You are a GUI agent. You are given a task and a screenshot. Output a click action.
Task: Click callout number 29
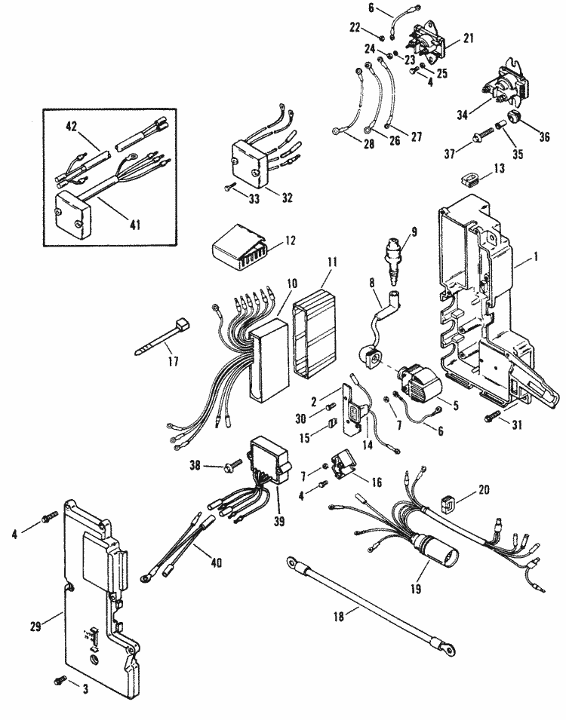coord(36,626)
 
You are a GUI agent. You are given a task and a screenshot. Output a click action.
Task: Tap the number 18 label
coord(338,616)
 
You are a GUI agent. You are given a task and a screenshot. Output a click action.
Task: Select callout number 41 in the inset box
coord(134,225)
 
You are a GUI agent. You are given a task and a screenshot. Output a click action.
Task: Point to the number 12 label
coord(290,241)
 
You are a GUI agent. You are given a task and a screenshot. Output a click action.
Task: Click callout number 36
coord(544,136)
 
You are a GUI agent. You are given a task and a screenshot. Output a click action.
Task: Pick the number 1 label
coord(535,256)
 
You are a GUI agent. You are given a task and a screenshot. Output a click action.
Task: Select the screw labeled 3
coord(60,680)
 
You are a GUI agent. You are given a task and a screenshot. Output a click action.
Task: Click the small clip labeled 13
coord(470,178)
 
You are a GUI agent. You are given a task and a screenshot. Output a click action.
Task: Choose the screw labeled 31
coord(491,418)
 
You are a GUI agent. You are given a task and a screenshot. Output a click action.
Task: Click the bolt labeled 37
coord(484,133)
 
